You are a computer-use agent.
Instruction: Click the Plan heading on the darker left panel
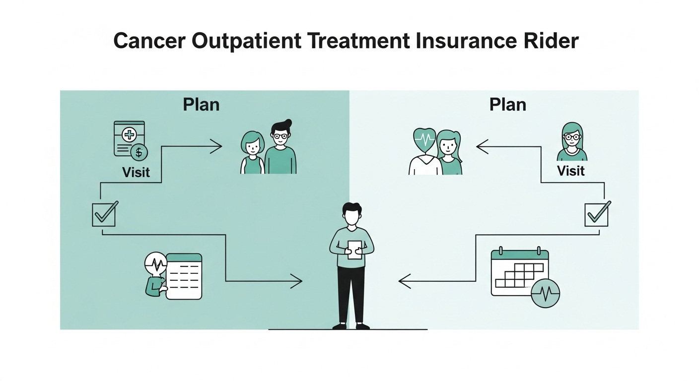click(x=201, y=105)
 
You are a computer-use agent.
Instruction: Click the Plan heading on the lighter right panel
click(x=507, y=105)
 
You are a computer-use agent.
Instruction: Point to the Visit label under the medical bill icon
click(x=136, y=172)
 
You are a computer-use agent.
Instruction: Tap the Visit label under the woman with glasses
click(x=571, y=171)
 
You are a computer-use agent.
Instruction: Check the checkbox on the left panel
click(x=104, y=215)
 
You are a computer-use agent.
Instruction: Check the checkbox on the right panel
click(x=596, y=215)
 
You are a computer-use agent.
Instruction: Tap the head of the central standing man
click(x=352, y=215)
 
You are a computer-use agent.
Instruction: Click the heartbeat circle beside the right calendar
click(x=545, y=293)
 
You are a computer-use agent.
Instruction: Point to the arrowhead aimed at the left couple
click(x=216, y=146)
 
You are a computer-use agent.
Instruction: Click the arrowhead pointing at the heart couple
click(x=482, y=146)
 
